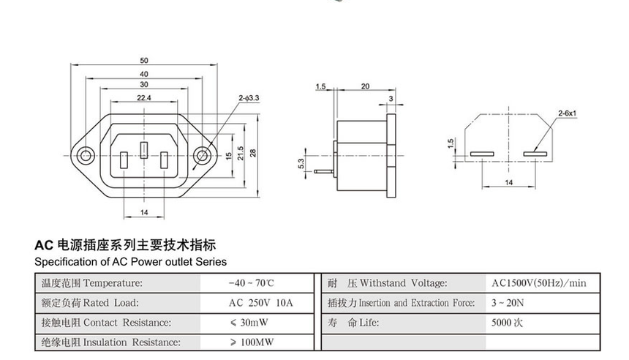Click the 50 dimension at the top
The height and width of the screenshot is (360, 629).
click(x=143, y=60)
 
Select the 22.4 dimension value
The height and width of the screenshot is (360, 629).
click(x=143, y=97)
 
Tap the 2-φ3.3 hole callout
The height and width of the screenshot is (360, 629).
click(x=249, y=97)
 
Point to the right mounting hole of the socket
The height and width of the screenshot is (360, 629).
click(x=201, y=155)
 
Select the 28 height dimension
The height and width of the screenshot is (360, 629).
click(x=254, y=153)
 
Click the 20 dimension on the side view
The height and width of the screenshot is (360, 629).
click(x=364, y=86)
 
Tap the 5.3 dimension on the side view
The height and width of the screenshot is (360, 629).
click(x=301, y=164)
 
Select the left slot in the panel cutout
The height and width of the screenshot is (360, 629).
click(x=481, y=154)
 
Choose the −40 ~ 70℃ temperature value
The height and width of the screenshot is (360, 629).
click(x=251, y=282)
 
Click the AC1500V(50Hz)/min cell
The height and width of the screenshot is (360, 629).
click(x=539, y=282)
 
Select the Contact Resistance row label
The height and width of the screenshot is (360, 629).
click(x=107, y=323)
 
